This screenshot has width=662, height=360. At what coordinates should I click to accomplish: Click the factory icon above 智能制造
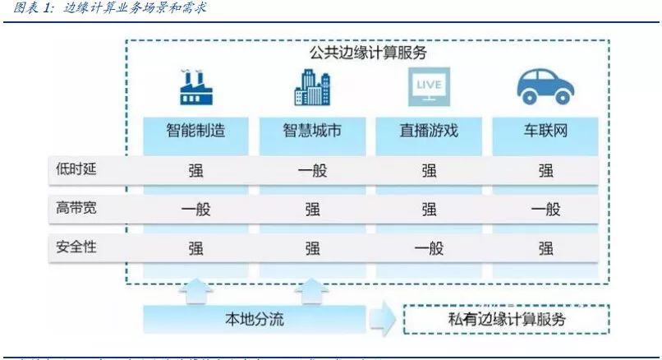coord(195,87)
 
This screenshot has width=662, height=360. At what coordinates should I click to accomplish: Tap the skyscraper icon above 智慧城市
coord(312,85)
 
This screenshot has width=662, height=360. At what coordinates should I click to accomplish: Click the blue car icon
coord(545,85)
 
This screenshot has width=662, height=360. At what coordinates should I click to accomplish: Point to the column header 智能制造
coord(195,131)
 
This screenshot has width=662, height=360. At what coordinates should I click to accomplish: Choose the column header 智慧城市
coord(312,131)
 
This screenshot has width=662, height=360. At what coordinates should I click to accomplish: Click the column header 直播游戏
coord(429,131)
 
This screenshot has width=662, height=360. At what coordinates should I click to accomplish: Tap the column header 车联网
coord(545,131)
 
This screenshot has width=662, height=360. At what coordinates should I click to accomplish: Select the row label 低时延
coord(71,170)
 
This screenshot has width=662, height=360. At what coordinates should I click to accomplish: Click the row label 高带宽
coord(71,209)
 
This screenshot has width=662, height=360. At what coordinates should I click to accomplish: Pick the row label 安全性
coord(71,247)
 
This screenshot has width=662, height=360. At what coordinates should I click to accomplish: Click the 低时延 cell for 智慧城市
coord(312,171)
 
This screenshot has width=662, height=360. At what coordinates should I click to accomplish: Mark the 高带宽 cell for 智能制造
coord(195,210)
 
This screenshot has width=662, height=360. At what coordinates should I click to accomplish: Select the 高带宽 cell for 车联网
coord(545,210)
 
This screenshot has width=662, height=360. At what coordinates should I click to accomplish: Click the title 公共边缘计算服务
coord(367,53)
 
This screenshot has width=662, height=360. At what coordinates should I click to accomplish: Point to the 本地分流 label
coord(255,319)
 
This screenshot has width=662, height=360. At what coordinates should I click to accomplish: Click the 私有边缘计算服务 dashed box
coord(505,319)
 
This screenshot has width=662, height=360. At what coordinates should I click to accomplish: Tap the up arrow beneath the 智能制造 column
coord(195,289)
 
